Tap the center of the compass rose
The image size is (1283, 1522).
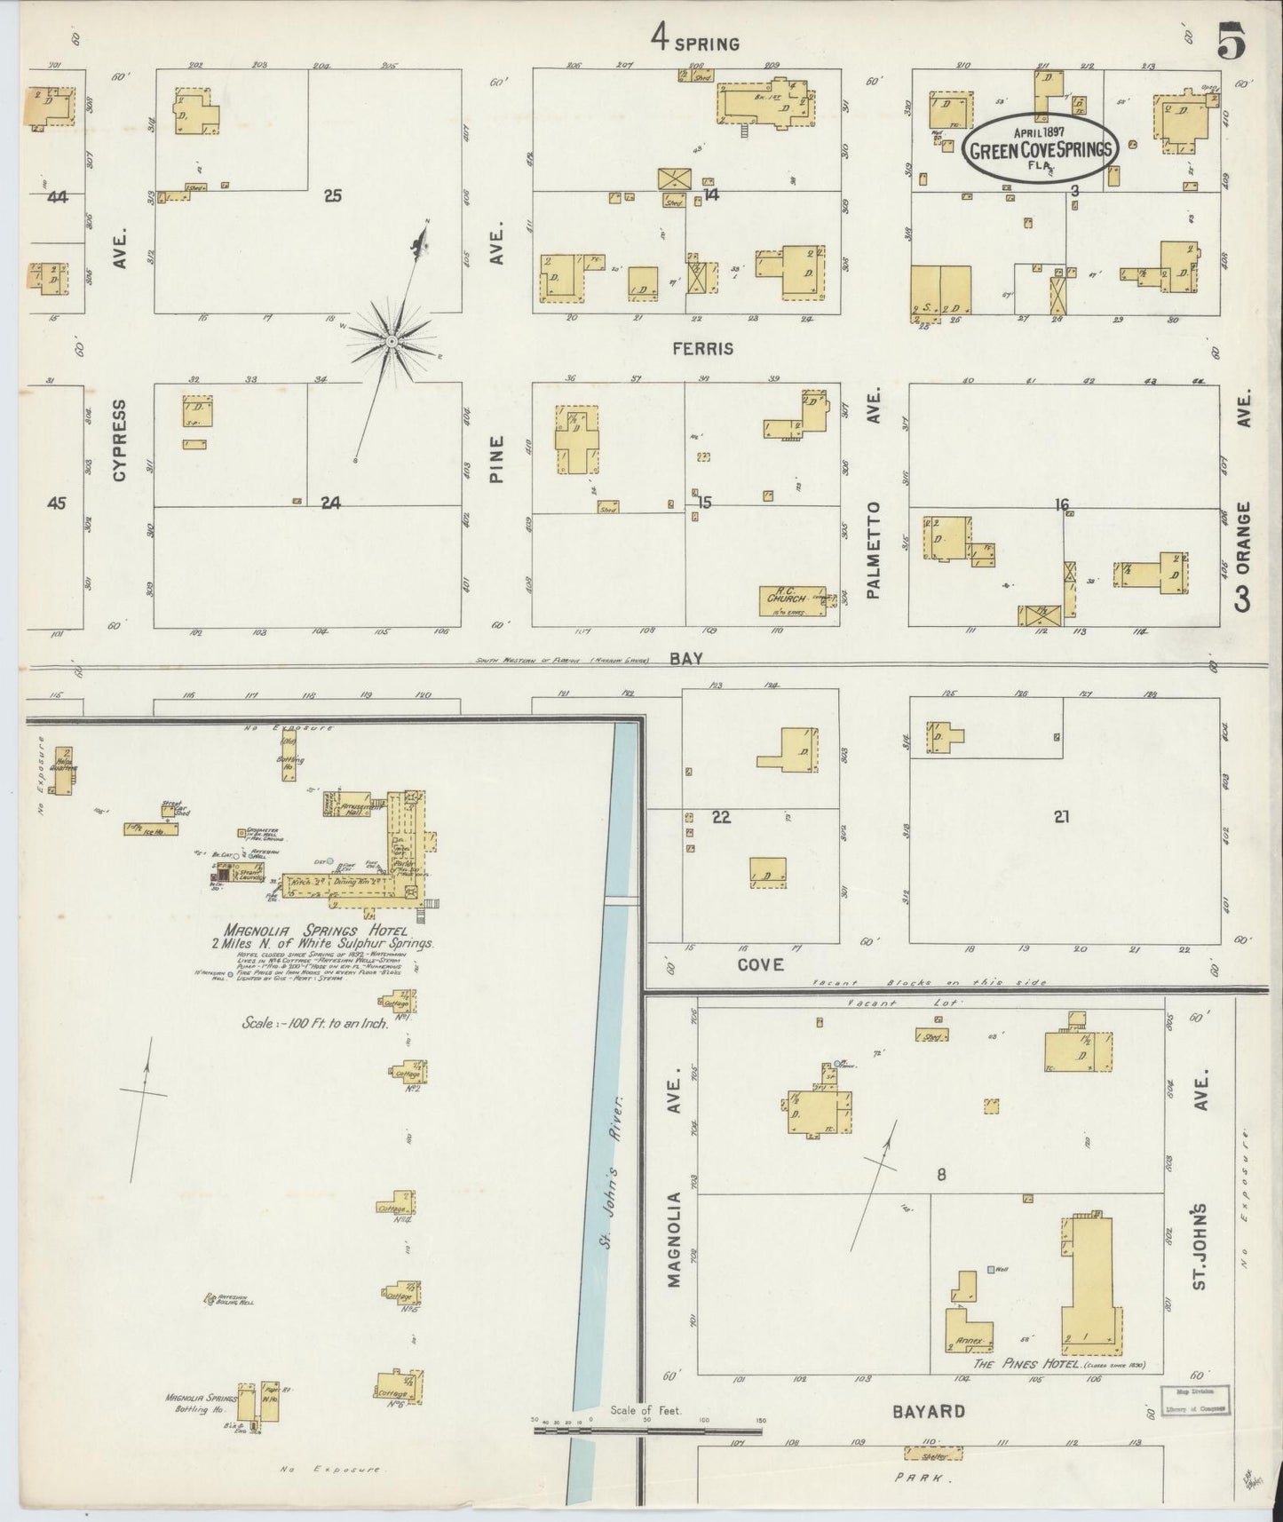pos(392,341)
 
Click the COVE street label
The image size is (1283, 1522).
pos(760,964)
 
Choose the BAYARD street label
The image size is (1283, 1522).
pos(928,1412)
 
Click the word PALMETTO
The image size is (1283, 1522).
pos(874,550)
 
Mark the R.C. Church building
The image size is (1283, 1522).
pos(786,600)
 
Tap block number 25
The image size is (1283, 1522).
pos(332,195)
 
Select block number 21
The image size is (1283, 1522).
pos(1061,817)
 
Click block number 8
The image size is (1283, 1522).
pos(940,1175)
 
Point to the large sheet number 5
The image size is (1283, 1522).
pos(1231,42)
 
